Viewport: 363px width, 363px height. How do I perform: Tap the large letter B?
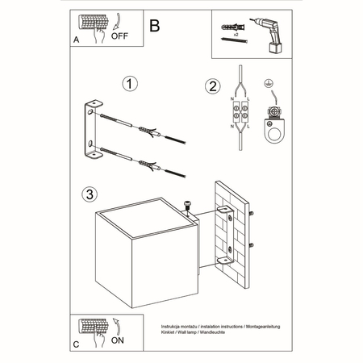point(155,24)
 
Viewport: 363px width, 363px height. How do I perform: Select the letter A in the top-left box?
point(76,38)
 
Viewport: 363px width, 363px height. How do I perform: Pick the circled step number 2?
point(212,86)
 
